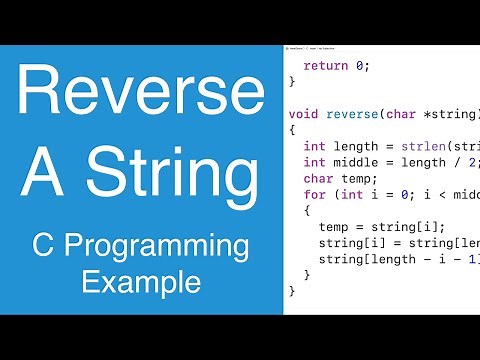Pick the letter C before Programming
[x=44, y=247]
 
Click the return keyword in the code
[x=324, y=66]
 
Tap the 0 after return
[x=361, y=66]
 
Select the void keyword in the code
[x=305, y=113]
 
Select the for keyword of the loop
[x=315, y=193]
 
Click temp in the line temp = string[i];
[x=335, y=226]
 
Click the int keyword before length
[x=315, y=145]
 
